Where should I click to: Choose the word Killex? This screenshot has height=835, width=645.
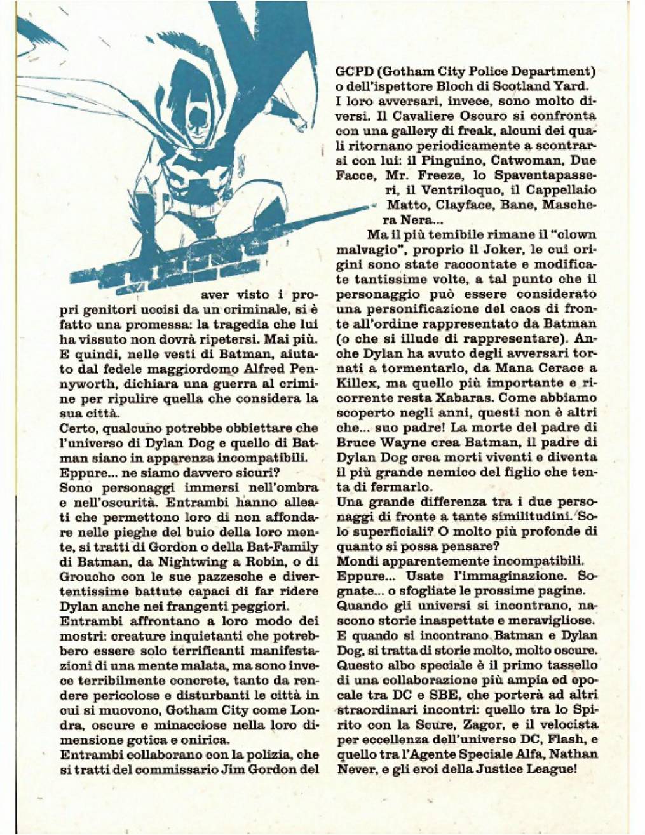click(357, 383)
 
